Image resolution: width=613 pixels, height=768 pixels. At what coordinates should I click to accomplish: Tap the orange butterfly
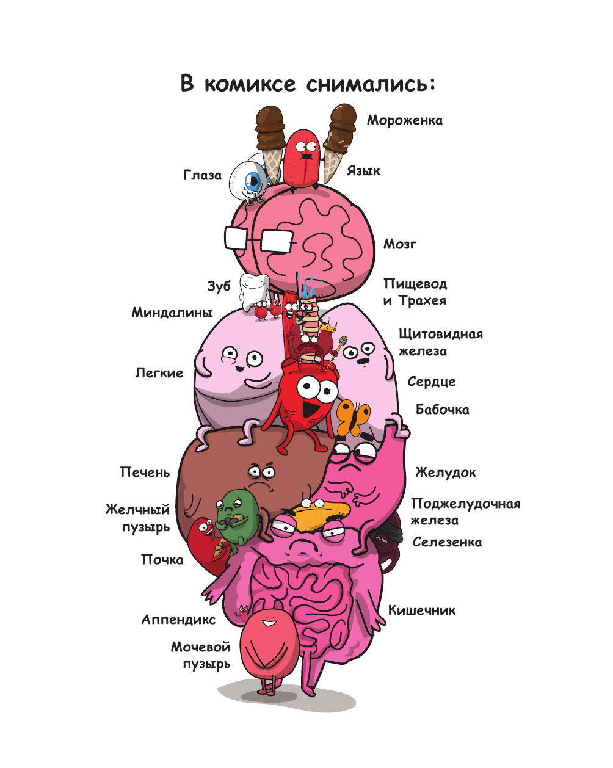(x=352, y=416)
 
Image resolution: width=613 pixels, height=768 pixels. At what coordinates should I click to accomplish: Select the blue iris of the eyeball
(x=254, y=181)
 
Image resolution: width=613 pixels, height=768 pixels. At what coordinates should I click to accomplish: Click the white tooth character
(x=254, y=291)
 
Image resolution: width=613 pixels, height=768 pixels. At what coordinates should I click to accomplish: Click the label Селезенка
(x=447, y=542)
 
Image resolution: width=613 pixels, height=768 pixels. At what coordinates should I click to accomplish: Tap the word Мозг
(x=400, y=244)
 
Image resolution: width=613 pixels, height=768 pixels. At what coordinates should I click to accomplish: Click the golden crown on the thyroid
(x=328, y=325)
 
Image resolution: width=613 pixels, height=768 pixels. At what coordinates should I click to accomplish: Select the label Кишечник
(x=422, y=610)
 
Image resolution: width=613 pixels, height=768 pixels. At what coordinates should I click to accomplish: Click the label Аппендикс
(x=178, y=620)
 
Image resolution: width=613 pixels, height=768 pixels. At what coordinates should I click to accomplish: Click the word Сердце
(x=431, y=382)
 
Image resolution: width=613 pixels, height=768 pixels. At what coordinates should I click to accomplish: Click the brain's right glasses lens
(x=277, y=240)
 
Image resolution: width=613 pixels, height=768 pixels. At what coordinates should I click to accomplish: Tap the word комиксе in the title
(x=250, y=84)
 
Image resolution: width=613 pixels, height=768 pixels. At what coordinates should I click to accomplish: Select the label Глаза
(x=203, y=175)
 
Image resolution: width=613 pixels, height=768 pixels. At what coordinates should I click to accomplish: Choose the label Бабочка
(x=442, y=410)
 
